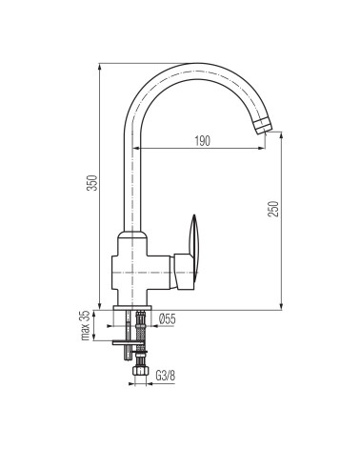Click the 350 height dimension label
[x=92, y=182]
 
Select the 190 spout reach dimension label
[x=202, y=141]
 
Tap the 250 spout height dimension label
[x=273, y=209]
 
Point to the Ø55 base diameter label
[x=167, y=318]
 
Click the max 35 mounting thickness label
[x=86, y=325]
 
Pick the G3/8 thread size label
[x=166, y=376]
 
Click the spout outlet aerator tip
[x=264, y=126]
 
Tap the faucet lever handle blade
[x=192, y=235]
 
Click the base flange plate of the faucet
[x=132, y=308]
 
